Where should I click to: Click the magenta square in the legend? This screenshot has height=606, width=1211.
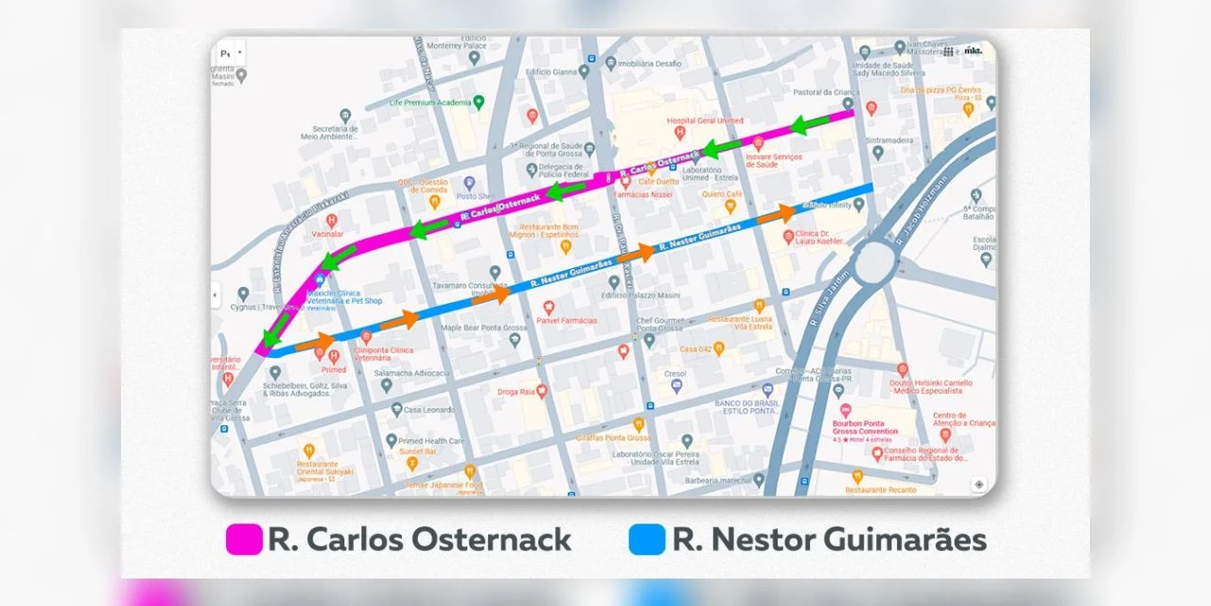tap(244, 540)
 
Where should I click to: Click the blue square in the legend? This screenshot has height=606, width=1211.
tap(647, 540)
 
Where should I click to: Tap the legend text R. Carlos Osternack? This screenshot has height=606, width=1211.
tap(420, 540)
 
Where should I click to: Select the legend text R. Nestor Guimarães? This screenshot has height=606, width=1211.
tap(829, 540)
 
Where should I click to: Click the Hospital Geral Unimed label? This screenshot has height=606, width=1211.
tap(705, 121)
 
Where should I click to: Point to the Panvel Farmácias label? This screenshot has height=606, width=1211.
tap(567, 320)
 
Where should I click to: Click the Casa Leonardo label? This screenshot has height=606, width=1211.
tap(430, 410)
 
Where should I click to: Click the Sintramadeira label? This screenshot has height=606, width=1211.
tap(907, 139)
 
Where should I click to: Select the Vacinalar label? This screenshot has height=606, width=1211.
tap(326, 232)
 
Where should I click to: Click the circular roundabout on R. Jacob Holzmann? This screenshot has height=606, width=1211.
tap(876, 260)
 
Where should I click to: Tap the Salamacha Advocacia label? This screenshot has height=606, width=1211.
tap(412, 374)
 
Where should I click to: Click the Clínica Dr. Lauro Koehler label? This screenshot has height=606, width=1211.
tap(819, 237)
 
